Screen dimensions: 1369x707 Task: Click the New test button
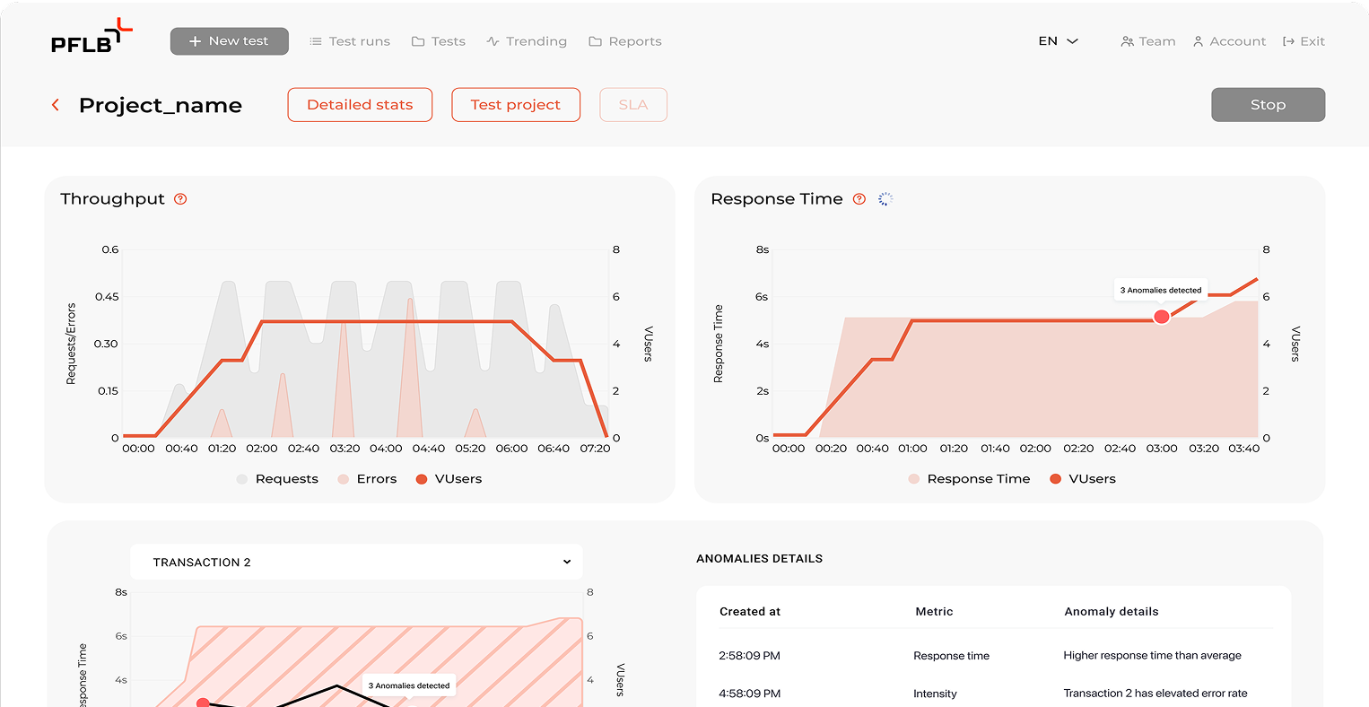click(x=229, y=41)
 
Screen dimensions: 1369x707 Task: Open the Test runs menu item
click(x=350, y=41)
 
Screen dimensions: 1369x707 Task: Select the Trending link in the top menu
click(x=527, y=41)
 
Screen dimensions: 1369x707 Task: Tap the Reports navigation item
click(x=625, y=41)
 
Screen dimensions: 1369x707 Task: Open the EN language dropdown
click(x=1058, y=41)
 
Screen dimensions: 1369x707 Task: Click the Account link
click(x=1229, y=41)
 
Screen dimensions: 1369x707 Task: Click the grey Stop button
click(x=1269, y=104)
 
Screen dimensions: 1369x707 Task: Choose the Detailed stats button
click(x=360, y=104)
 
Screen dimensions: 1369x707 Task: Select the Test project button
click(x=516, y=104)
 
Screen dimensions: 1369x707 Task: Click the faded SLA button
click(x=633, y=104)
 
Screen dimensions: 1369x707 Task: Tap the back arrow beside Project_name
click(x=56, y=105)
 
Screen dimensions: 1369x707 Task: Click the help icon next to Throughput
click(x=180, y=199)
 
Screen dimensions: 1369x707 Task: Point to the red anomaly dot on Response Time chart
click(x=1161, y=317)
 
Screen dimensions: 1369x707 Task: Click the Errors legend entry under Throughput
click(x=367, y=479)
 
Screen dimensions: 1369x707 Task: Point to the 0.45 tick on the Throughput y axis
click(x=107, y=297)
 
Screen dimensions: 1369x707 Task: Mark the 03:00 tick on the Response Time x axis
click(x=1161, y=449)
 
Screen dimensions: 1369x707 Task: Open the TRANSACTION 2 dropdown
click(x=356, y=563)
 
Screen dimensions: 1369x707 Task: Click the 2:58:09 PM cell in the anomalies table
click(x=749, y=656)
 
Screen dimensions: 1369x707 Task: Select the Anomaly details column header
click(x=1112, y=612)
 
